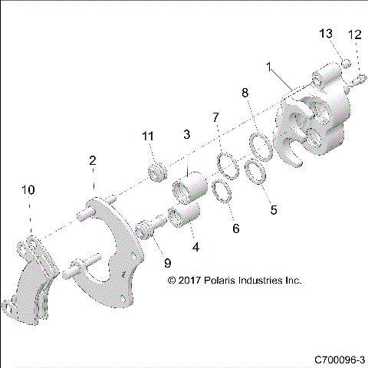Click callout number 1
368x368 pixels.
268,67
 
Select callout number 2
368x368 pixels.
93,161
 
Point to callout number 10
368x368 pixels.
29,189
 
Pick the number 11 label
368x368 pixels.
148,136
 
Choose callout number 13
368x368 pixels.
325,34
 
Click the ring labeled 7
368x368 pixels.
226,164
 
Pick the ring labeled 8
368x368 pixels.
260,143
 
